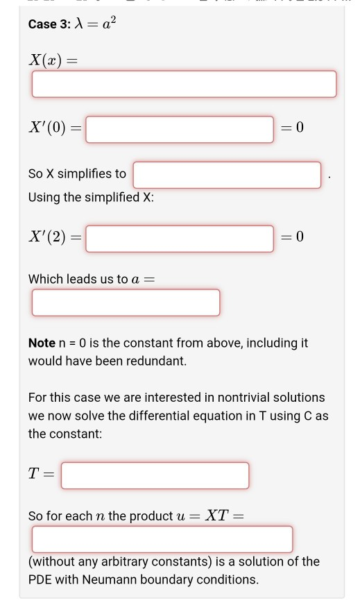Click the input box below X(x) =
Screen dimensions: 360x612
tap(184, 84)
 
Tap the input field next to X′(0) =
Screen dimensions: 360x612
tap(180, 129)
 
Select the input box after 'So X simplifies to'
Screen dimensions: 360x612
tap(228, 174)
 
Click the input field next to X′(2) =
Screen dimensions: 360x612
tap(180, 238)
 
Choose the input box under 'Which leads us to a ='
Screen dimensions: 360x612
tap(126, 303)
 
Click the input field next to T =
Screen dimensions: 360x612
tap(155, 475)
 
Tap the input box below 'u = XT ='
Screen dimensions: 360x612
tap(162, 539)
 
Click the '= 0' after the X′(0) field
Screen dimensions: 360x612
tap(293, 129)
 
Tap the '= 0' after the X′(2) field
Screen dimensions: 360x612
tap(293, 238)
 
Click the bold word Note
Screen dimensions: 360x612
tap(42, 343)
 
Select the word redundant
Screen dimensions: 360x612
tap(158, 361)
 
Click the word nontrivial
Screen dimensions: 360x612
tap(208, 398)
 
